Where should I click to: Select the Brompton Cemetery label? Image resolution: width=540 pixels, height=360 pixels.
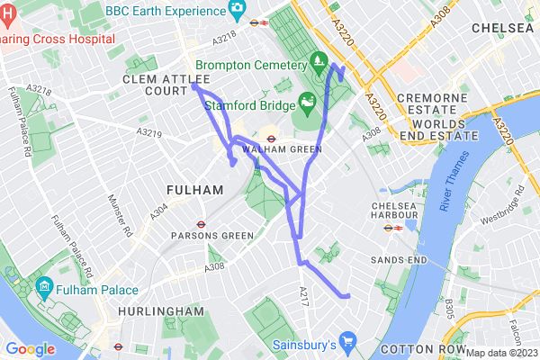point(253,66)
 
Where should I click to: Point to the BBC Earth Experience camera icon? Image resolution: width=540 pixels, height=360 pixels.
point(238,9)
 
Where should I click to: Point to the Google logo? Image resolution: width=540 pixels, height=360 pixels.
point(30,348)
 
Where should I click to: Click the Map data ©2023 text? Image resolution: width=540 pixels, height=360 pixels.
point(501,352)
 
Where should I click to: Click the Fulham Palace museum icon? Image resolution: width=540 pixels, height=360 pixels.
point(44,290)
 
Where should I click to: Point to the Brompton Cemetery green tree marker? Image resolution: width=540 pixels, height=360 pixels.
point(318,61)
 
